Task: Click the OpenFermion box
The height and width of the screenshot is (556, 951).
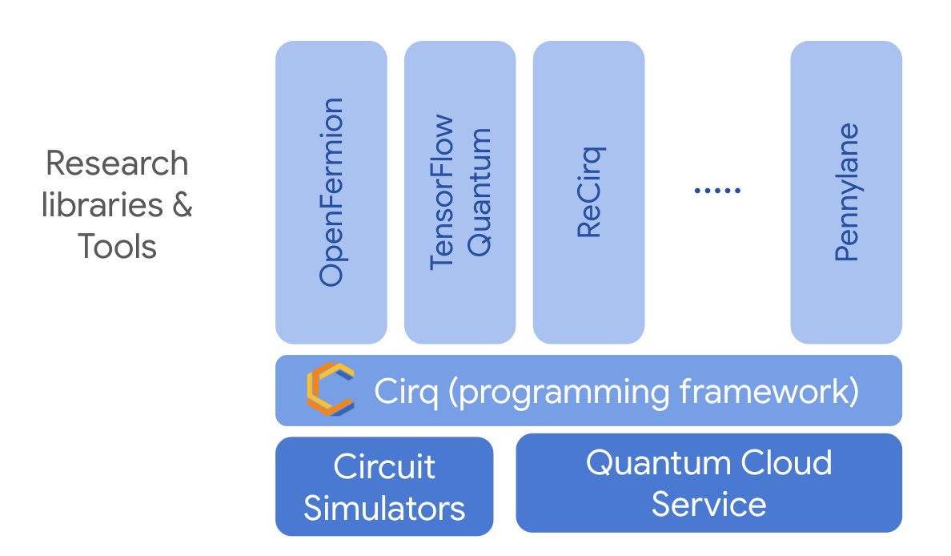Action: [x=331, y=192]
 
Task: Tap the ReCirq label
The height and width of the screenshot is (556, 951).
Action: [x=589, y=192]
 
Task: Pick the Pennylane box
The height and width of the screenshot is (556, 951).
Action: [x=846, y=192]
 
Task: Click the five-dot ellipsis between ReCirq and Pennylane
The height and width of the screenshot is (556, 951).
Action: [x=717, y=191]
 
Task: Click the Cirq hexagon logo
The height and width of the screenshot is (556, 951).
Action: [x=329, y=389]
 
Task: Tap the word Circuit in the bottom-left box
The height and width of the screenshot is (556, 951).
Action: [x=384, y=467]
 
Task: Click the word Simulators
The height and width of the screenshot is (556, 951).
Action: [x=384, y=508]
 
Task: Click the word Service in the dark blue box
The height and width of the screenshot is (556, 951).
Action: [x=708, y=504]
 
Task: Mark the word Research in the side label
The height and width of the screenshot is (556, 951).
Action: [x=117, y=163]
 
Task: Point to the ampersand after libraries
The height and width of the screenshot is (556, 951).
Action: [x=182, y=205]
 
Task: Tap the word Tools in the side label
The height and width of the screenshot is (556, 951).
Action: [x=117, y=246]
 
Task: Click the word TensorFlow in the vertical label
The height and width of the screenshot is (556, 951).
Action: [x=442, y=192]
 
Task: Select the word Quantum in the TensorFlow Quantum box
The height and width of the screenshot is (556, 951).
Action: [x=479, y=192]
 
